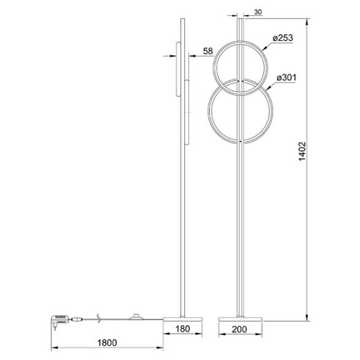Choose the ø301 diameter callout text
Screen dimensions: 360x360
[x=285, y=78]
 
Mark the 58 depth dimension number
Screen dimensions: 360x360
[x=207, y=51]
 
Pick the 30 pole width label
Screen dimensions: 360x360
[x=258, y=11]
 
